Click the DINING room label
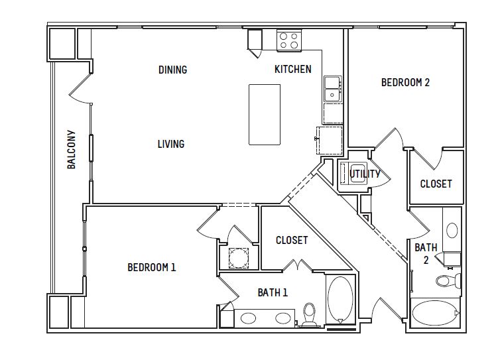[173, 70]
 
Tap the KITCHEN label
[293, 69]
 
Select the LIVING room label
[171, 144]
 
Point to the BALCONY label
[72, 149]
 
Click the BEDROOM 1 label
[151, 267]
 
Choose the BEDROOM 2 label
[405, 82]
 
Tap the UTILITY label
[365, 174]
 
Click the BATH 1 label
[273, 292]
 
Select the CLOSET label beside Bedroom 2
[436, 184]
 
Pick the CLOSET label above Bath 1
[292, 240]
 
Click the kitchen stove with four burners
[289, 40]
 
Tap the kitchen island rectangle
[265, 115]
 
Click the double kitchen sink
[332, 89]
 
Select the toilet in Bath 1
[309, 314]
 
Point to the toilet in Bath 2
[448, 280]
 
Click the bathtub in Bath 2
[435, 313]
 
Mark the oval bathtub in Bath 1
[340, 300]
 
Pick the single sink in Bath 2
[452, 230]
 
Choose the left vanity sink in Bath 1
[249, 318]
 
